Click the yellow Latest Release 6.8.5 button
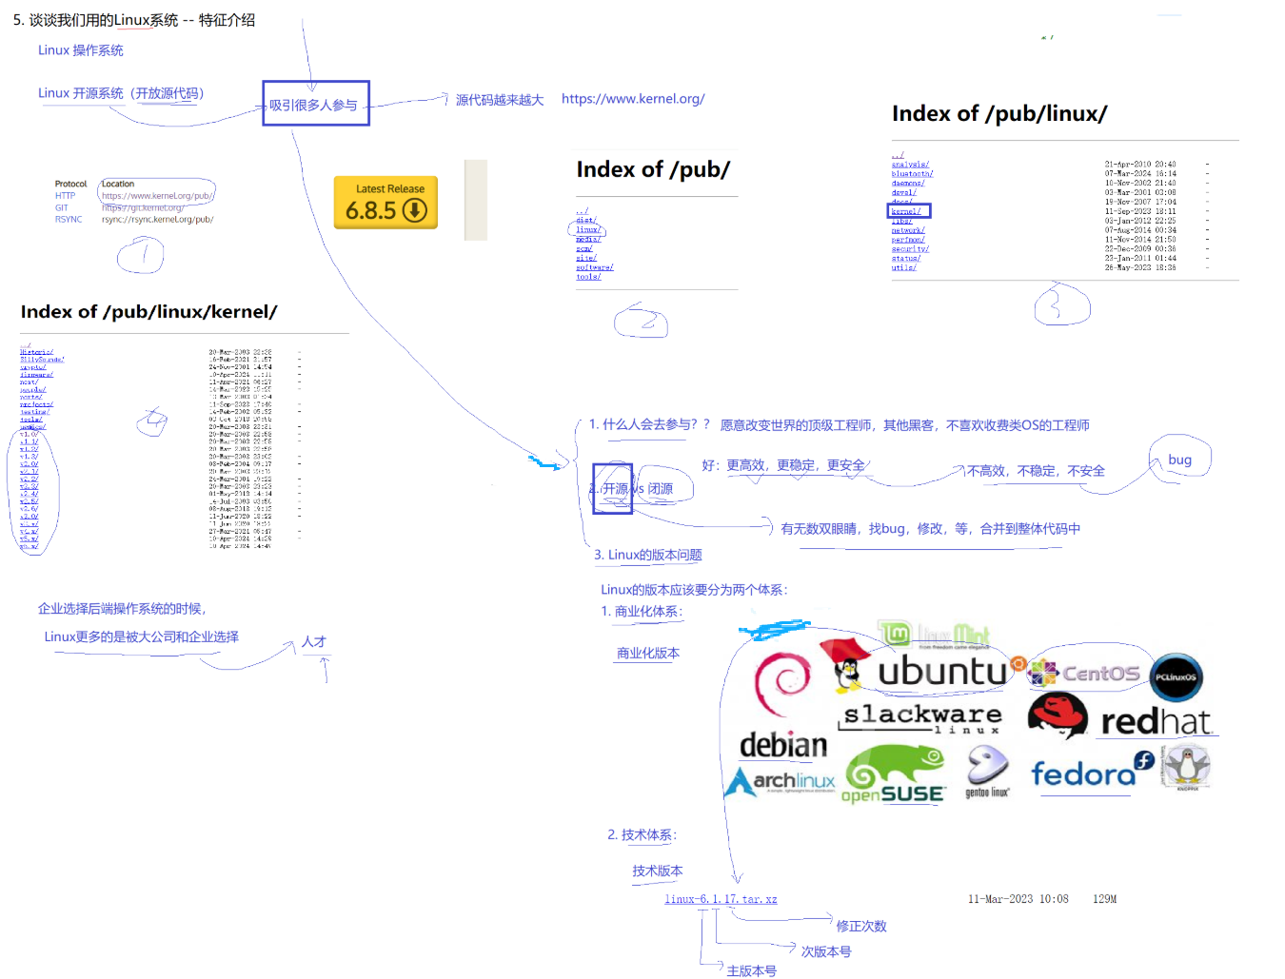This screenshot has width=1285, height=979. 385,203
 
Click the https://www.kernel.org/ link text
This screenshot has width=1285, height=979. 633,99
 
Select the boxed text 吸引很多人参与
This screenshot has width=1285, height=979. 315,104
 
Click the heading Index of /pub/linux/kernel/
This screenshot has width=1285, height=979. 149,312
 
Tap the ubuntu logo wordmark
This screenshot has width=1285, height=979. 941,672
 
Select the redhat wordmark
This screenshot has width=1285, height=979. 1156,722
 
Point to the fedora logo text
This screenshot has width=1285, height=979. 1083,774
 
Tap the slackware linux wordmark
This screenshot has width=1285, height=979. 922,716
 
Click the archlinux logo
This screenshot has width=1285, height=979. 781,782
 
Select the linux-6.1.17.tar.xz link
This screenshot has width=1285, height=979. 721,899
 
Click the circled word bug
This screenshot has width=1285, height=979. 1179,460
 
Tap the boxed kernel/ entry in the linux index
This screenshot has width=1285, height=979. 907,211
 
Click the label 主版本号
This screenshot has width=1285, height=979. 751,970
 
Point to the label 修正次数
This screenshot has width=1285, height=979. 861,926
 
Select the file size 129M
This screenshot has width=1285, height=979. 1104,899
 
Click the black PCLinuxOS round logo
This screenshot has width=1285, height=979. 1176,677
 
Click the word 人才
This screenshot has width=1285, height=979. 314,642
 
